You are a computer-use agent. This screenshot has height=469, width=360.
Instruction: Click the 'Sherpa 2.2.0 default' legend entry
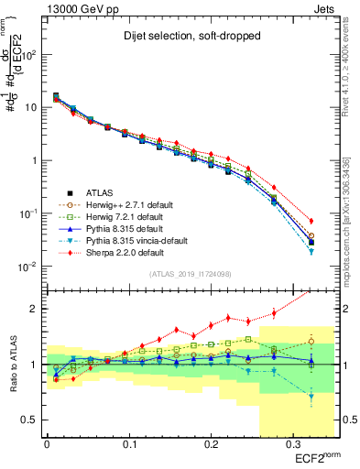pyautogui.click(x=115, y=252)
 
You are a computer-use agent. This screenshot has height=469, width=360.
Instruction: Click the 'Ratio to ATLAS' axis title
pyautogui.click(x=12, y=364)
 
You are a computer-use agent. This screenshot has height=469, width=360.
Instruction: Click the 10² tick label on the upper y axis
pyautogui.click(x=29, y=54)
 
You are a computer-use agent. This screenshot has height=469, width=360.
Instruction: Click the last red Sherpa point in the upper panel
pyautogui.click(x=311, y=222)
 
